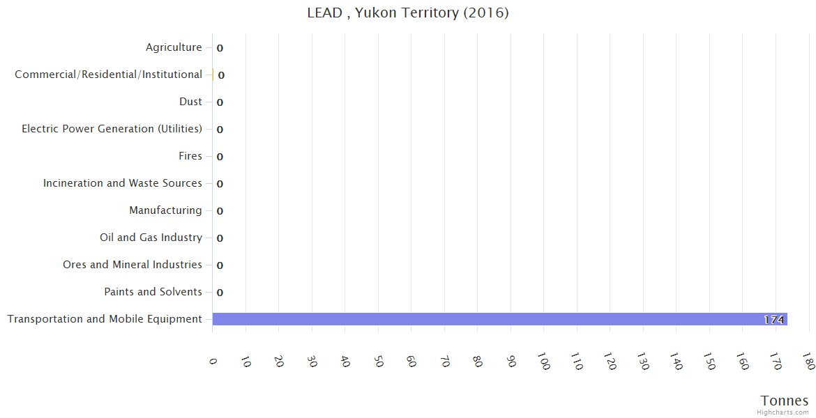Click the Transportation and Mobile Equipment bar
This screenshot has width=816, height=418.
point(499,319)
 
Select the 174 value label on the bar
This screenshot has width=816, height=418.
point(773,320)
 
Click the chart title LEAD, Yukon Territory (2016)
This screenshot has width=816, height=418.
point(408,13)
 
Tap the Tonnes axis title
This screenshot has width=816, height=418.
point(784,401)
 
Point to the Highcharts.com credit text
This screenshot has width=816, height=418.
point(783,412)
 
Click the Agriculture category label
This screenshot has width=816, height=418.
point(174,47)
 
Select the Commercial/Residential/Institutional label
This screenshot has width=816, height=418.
point(109,75)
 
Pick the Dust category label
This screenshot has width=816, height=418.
point(190,102)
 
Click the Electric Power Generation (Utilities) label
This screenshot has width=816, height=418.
point(112,129)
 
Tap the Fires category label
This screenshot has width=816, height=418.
point(190,156)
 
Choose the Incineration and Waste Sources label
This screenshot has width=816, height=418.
point(123,183)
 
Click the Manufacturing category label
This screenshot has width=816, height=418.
point(165,210)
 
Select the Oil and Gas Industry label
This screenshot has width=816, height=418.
point(151,238)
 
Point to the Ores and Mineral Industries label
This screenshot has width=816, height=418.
point(133,265)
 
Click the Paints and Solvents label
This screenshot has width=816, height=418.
point(153,292)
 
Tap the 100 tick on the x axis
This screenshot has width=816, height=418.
point(543,362)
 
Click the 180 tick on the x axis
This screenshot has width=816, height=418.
point(808,362)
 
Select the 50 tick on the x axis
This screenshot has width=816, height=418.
point(378,362)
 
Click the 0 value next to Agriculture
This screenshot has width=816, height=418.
point(220,48)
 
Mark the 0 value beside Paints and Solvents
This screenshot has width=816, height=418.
point(220,293)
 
